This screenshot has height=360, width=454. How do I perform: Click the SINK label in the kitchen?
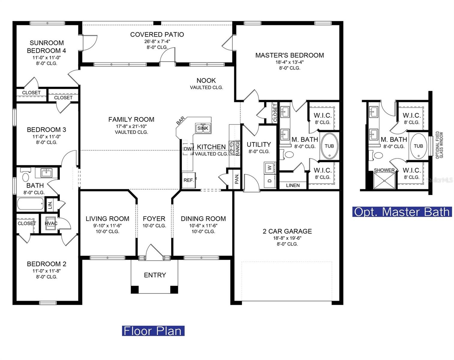coord(203,128)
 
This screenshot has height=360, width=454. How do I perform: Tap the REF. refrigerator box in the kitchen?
coord(189,180)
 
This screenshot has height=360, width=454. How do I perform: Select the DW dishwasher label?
coord(188,149)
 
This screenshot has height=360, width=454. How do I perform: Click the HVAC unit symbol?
coord(51,223)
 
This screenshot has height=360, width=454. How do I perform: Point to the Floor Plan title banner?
coord(153,331)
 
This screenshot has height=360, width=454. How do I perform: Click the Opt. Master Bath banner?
coord(402,212)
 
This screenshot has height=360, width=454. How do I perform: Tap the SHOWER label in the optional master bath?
coord(384,170)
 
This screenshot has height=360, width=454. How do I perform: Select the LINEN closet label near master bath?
coord(293,185)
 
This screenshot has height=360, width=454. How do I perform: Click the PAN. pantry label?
coord(237,178)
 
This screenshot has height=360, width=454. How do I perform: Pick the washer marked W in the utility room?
coord(270,168)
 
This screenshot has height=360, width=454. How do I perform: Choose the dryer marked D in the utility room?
coord(270,181)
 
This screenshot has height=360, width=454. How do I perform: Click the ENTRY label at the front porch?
coord(155,275)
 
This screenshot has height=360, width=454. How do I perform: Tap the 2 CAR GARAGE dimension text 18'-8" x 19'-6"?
coord(287,238)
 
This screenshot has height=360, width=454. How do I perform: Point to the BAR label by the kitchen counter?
coord(181,121)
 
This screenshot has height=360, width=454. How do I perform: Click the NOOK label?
coord(206,80)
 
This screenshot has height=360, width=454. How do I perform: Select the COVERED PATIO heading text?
coord(157,34)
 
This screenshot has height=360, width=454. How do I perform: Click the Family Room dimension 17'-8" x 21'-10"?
coord(131,126)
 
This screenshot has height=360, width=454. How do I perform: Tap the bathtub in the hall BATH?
coord(30,204)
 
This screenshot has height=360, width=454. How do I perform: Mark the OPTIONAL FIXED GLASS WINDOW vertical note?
coord(439,145)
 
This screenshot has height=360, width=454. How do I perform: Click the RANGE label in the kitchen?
coord(237,147)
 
